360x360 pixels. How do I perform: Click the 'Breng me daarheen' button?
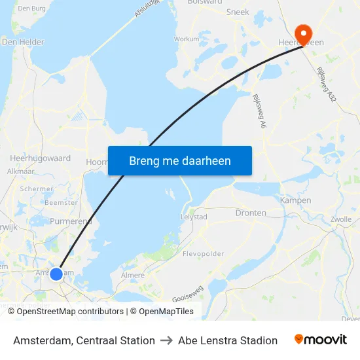tap(180, 160)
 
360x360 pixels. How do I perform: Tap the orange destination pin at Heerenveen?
tap(304, 33)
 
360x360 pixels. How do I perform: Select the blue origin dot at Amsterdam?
tap(56, 274)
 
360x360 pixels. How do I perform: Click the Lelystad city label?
tap(194, 217)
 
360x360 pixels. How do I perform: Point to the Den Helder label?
tap(23, 42)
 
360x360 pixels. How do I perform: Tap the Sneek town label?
tap(238, 12)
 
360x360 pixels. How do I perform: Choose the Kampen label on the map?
tap(295, 200)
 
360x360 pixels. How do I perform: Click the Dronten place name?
tap(251, 213)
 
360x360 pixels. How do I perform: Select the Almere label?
tap(133, 276)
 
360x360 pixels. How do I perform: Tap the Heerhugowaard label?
tap(41, 158)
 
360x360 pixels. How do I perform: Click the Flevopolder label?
tap(204, 253)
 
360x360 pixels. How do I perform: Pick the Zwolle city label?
tap(341, 219)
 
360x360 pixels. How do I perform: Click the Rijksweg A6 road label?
tap(260, 109)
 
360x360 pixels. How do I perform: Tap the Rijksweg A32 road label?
tap(326, 83)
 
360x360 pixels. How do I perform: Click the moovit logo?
tap(321, 340)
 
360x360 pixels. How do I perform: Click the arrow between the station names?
tap(166, 340)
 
